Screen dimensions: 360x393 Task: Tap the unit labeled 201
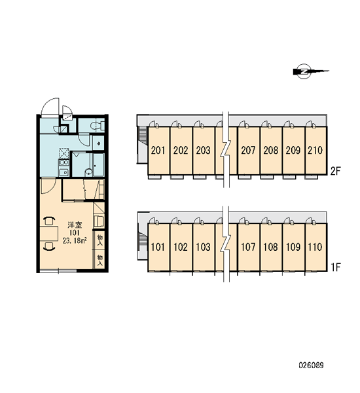point(158,151)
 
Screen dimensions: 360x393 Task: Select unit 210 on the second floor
point(315,151)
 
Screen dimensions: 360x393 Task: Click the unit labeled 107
point(248,247)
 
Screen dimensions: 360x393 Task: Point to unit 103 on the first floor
point(204,247)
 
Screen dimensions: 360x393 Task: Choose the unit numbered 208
point(271,151)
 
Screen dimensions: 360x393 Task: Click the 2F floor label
point(335,171)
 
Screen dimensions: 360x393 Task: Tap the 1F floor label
point(336,268)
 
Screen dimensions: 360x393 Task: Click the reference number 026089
point(311,365)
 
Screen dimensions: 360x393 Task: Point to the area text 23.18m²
point(75,241)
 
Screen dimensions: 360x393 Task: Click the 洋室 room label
point(75,225)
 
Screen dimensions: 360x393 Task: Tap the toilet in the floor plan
point(98,125)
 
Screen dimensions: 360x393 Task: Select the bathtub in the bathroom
point(99,165)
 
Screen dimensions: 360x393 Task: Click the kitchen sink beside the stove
point(63,172)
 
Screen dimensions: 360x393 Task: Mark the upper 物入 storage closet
point(99,240)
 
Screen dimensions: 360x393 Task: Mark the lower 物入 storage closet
point(99,259)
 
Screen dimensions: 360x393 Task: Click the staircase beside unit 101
point(143,241)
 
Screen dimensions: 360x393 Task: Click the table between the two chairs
point(49,234)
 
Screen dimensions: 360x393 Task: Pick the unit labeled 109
point(293,247)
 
